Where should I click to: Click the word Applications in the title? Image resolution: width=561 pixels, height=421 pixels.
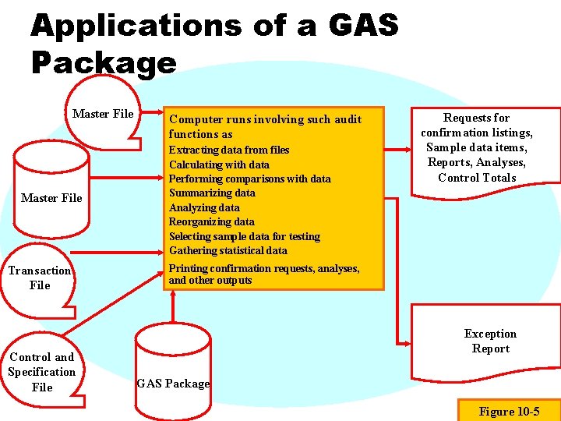(x=136, y=26)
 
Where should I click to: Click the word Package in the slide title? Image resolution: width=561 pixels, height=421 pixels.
(x=104, y=62)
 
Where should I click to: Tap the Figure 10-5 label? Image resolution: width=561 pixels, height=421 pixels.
(x=509, y=411)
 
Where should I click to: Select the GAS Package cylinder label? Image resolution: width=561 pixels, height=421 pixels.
(x=173, y=383)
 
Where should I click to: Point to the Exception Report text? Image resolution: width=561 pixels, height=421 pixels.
(x=490, y=341)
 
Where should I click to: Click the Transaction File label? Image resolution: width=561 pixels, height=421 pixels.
(x=40, y=278)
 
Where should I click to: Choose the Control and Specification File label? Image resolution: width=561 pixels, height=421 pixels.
(x=42, y=372)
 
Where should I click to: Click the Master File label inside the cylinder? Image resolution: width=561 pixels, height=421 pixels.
(x=51, y=198)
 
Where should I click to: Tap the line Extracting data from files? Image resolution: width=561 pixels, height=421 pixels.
(x=229, y=150)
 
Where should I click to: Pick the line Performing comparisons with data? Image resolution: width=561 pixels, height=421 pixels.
(x=249, y=179)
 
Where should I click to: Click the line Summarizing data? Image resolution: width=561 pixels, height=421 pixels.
(x=212, y=193)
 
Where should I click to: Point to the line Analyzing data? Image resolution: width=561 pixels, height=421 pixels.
(x=204, y=207)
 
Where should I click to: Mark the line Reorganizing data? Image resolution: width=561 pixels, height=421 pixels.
(x=211, y=221)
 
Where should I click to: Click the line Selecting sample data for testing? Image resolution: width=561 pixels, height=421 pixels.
(x=244, y=236)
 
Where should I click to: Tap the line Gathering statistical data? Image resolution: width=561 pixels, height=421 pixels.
(x=228, y=250)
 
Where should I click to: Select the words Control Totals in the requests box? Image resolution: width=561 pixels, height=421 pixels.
(x=477, y=177)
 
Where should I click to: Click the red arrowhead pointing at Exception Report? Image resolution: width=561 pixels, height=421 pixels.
(x=407, y=343)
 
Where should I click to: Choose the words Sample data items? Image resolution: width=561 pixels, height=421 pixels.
(x=477, y=147)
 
